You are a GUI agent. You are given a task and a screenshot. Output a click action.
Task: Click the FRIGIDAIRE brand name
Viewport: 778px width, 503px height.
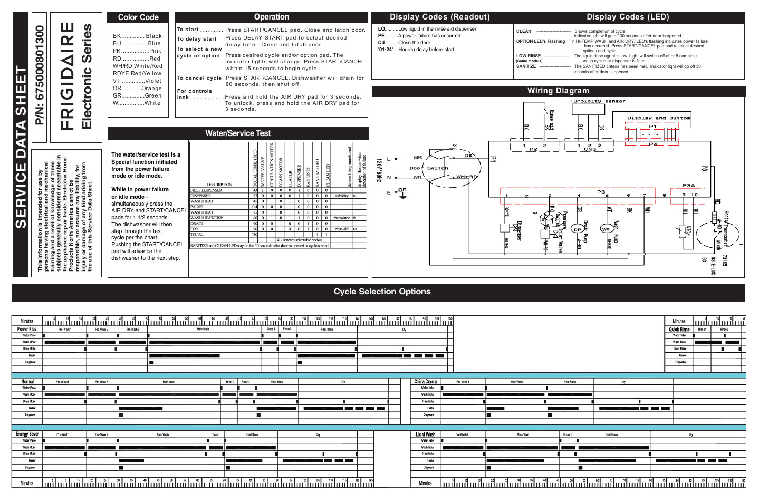[68, 77]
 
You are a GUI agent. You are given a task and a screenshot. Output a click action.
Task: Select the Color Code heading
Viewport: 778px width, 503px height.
[138, 17]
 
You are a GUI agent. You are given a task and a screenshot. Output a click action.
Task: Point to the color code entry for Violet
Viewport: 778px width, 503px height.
[137, 81]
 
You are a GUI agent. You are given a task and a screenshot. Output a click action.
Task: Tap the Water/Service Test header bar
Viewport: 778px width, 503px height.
[238, 133]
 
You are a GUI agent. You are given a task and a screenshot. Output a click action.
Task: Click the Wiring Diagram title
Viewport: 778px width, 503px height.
[558, 91]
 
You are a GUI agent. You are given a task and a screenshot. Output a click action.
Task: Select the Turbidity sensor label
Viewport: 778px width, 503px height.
[598, 101]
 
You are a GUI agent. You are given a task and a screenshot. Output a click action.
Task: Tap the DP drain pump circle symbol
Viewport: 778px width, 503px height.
[578, 229]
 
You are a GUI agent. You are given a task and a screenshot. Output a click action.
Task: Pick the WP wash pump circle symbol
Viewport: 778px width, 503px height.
[606, 229]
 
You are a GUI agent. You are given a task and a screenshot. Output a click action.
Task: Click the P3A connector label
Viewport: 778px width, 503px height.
[689, 186]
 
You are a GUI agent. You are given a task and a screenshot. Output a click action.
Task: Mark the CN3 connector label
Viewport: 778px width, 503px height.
[590, 149]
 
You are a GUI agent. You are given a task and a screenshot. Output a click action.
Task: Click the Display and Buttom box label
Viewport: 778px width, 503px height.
[659, 118]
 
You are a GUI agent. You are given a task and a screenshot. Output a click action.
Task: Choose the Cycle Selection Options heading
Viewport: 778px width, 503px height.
[382, 292]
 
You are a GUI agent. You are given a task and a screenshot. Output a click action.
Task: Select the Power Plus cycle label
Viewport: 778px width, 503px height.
[27, 329]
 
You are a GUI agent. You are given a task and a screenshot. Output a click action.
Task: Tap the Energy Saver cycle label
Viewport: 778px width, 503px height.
[27, 434]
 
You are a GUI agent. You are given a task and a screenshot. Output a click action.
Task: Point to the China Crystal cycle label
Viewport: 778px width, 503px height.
[426, 382]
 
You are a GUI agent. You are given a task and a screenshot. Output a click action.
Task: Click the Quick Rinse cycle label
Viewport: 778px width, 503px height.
[679, 330]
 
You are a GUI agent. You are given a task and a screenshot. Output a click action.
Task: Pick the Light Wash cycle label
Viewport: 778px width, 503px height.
[426, 434]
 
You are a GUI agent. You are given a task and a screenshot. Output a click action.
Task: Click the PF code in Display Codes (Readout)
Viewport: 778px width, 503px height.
[381, 36]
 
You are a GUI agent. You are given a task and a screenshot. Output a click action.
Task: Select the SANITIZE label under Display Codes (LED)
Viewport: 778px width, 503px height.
[526, 67]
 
